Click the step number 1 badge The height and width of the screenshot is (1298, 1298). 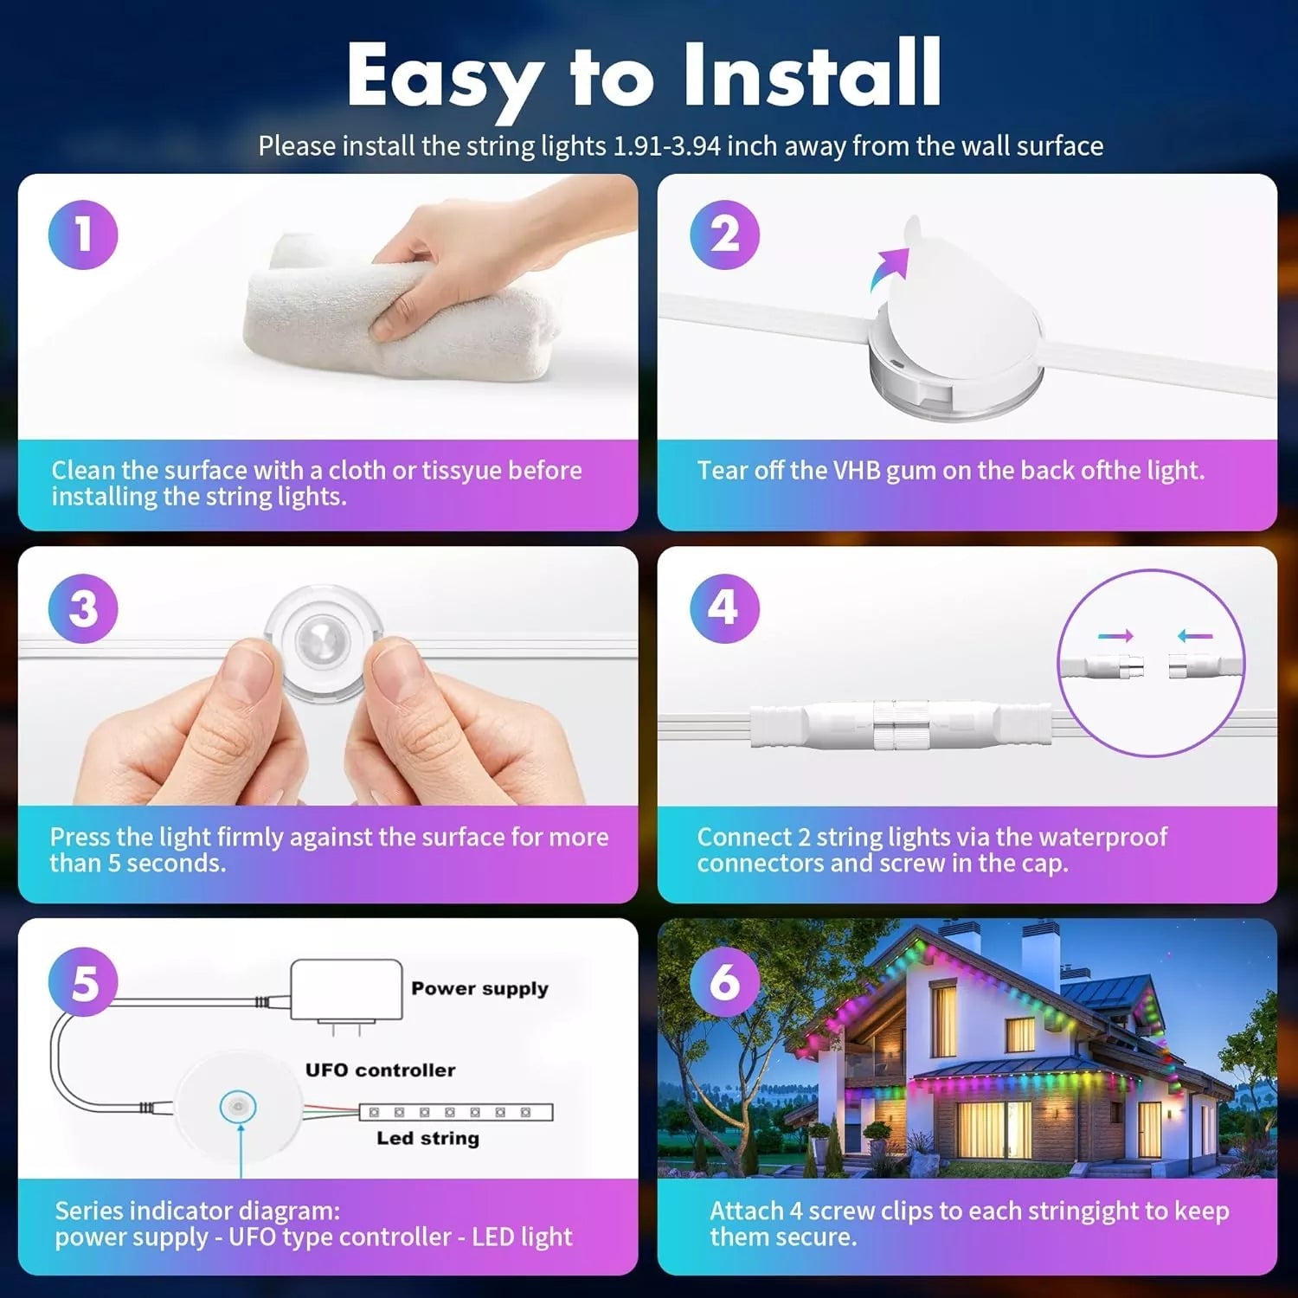click(x=83, y=235)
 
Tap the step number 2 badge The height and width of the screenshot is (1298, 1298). click(x=724, y=235)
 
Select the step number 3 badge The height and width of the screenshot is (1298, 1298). click(x=83, y=608)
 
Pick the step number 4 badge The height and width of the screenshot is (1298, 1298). click(x=724, y=608)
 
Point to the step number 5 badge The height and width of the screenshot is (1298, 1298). click(x=83, y=982)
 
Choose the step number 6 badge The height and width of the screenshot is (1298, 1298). click(x=724, y=982)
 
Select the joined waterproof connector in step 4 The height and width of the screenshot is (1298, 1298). click(x=901, y=725)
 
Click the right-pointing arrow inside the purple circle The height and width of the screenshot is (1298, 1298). click(x=1115, y=636)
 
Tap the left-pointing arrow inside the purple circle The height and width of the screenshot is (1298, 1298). click(x=1195, y=636)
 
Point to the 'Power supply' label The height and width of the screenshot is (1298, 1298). click(x=479, y=989)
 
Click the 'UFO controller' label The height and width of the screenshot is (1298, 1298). click(x=380, y=1070)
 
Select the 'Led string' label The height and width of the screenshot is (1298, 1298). click(x=427, y=1138)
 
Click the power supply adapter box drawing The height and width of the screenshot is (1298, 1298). click(x=346, y=991)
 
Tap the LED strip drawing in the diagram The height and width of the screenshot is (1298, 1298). click(x=456, y=1112)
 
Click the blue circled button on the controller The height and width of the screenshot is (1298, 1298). click(x=238, y=1106)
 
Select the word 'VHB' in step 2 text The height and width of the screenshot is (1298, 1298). click(x=857, y=471)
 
